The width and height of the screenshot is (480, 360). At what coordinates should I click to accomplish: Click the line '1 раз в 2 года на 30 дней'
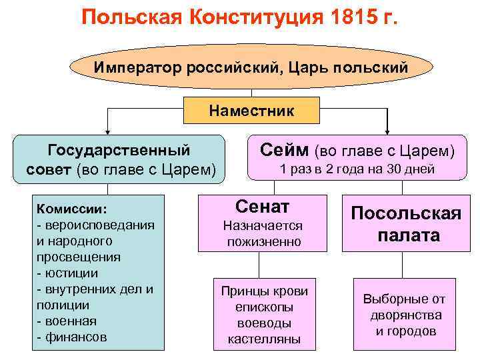(x=357, y=169)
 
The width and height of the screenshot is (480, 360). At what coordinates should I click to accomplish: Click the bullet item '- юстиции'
(x=67, y=273)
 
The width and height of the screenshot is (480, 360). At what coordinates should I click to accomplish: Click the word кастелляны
(x=264, y=339)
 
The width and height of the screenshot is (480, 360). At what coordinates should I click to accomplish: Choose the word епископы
(x=264, y=307)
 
